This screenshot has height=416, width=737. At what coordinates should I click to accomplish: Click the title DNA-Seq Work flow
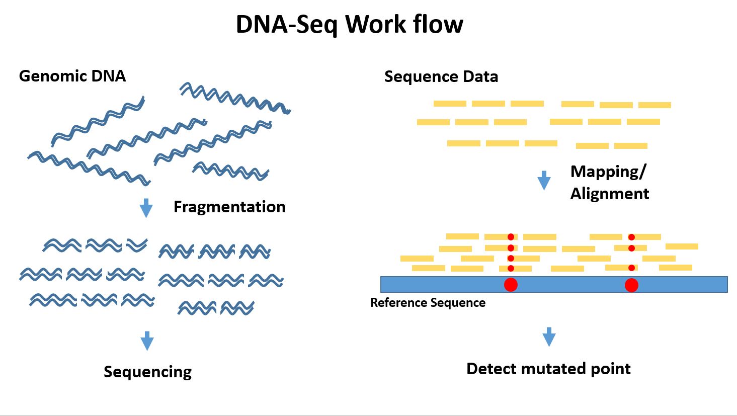coord(349,24)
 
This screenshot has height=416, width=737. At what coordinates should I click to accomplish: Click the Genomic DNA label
coord(72,76)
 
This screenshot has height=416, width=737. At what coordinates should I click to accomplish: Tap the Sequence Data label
coord(441,76)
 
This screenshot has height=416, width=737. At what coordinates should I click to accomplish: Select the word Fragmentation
coord(229,207)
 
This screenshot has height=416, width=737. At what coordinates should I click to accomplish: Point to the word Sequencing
coord(147,372)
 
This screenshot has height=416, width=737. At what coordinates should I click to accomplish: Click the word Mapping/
coord(608,172)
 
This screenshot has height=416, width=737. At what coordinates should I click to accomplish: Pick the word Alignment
coord(609,194)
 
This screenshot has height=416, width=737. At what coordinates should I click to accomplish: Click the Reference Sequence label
coord(428,303)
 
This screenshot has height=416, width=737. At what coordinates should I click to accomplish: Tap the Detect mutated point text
coord(548,369)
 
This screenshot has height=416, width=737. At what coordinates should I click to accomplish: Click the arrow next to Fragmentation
coord(146,207)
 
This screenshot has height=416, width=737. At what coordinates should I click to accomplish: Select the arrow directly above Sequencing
coord(147,340)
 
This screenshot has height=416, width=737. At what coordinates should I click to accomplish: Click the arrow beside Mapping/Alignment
coord(544,180)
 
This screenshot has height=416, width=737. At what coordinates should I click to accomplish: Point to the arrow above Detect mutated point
coord(549,337)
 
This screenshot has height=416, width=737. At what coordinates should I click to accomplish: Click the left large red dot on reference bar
coord(511,285)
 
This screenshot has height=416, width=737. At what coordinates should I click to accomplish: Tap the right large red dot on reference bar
coord(631,285)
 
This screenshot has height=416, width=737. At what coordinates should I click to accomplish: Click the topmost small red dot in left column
coord(511,237)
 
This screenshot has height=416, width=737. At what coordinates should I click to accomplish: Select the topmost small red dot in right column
coord(631,237)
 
